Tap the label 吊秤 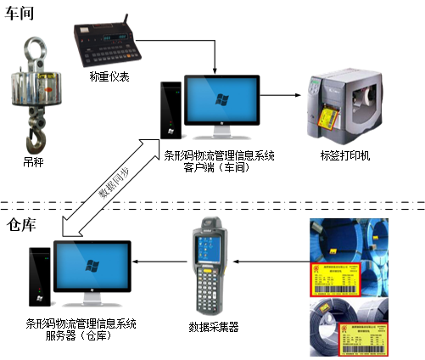pyautogui.click(x=32, y=160)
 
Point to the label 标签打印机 pyautogui.click(x=345, y=155)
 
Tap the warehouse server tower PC pyautogui.click(x=38, y=277)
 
